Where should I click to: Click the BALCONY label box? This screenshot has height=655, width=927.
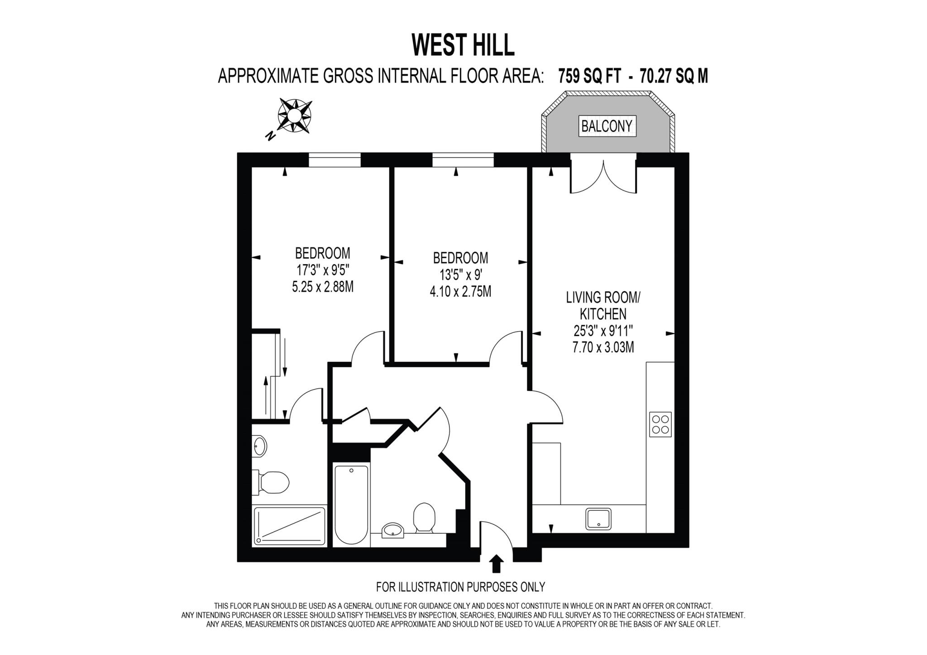[607, 126]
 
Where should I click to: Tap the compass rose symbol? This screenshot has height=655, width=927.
[295, 116]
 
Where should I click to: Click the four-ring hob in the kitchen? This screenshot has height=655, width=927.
[660, 424]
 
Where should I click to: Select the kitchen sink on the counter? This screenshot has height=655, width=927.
[598, 519]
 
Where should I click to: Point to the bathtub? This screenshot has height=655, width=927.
[352, 505]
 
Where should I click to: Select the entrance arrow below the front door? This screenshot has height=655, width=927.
[497, 564]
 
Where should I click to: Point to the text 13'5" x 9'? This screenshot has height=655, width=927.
[460, 275]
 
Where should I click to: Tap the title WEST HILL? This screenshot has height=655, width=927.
[463, 45]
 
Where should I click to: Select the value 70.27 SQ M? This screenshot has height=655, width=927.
[674, 76]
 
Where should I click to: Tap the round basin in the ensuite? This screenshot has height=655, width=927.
[260, 446]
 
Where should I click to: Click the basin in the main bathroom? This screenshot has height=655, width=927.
[392, 530]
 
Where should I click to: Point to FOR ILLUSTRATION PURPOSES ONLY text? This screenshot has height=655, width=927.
[460, 587]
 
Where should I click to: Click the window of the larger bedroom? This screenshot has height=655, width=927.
[335, 160]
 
